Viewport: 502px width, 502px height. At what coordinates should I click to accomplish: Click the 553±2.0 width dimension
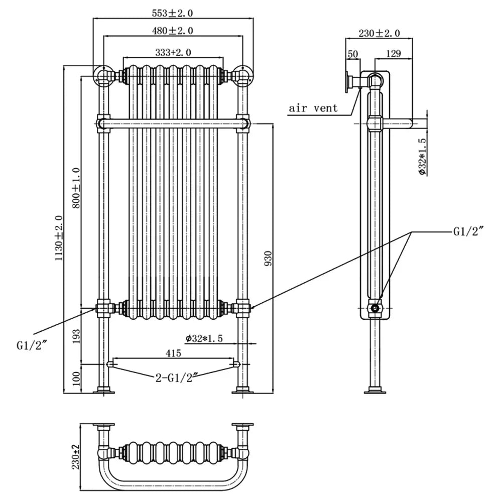point(172,12)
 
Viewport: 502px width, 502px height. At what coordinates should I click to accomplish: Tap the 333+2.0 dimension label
point(173,52)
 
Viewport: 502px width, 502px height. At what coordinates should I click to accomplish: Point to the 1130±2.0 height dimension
point(59,237)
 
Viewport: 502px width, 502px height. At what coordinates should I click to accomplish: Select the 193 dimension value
point(76,335)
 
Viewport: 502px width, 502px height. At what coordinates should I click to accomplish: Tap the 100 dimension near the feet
point(76,378)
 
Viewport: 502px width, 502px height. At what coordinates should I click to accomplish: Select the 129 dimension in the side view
point(393,54)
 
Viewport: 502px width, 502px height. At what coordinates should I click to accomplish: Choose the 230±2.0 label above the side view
point(379,34)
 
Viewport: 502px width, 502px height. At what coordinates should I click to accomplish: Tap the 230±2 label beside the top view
point(76,456)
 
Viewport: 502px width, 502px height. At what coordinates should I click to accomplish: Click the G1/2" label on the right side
point(466,231)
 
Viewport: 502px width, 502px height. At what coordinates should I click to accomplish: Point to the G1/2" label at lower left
point(31,346)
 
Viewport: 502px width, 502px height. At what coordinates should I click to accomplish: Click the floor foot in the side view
point(375,390)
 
